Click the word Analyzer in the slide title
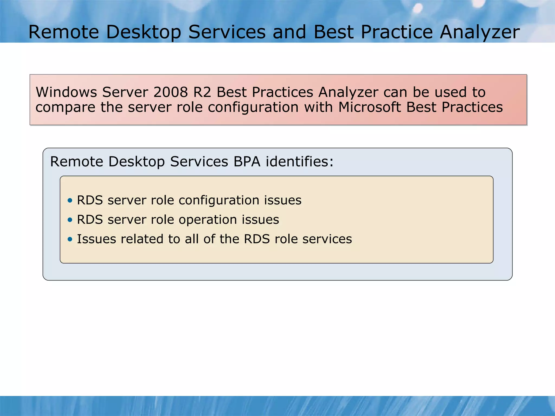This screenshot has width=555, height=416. [479, 32]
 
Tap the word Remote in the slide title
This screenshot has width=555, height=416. [64, 32]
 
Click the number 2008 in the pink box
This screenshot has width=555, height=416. [170, 92]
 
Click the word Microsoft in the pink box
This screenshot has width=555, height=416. [369, 107]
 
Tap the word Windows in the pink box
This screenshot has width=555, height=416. [66, 92]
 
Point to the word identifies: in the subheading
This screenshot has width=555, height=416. [299, 162]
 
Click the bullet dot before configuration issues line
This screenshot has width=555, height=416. [70, 200]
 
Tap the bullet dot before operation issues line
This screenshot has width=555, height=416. [70, 220]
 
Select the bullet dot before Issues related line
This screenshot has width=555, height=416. [70, 239]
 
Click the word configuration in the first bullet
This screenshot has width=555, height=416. [219, 201]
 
